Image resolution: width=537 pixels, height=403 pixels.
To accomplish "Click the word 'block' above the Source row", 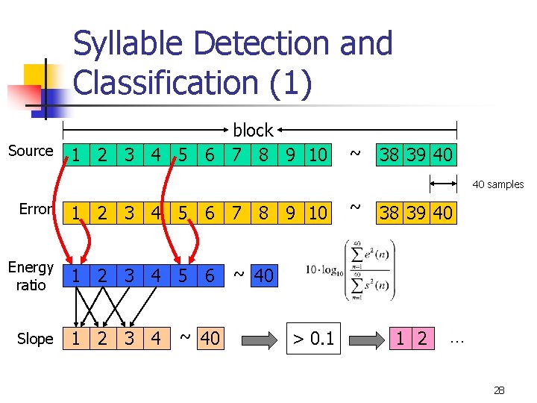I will tap(253, 131).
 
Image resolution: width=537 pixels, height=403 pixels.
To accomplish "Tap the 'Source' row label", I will tap(31, 151).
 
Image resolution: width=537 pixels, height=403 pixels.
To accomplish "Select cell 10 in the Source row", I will tap(317, 155).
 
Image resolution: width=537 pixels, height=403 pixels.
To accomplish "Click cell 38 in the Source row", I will tap(389, 155).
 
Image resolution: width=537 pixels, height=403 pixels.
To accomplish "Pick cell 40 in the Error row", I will tap(442, 213).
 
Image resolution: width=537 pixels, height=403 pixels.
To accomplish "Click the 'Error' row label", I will tap(35, 209).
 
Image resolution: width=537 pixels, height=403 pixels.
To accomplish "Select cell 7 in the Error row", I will tap(236, 213).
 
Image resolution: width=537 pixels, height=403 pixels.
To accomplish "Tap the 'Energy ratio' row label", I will tap(31, 276).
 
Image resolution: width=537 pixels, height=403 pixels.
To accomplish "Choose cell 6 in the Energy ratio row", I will tap(210, 275).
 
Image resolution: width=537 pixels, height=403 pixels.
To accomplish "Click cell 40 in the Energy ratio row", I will tap(263, 276).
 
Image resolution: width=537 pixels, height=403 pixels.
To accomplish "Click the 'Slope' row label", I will tap(35, 339).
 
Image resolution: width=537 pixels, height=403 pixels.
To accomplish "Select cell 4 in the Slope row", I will tap(155, 339).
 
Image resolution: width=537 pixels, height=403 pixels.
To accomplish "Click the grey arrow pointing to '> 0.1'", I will tap(260, 339).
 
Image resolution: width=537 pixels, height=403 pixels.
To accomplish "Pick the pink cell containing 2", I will tap(422, 339).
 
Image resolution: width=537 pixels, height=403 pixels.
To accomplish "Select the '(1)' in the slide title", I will tap(286, 82).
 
